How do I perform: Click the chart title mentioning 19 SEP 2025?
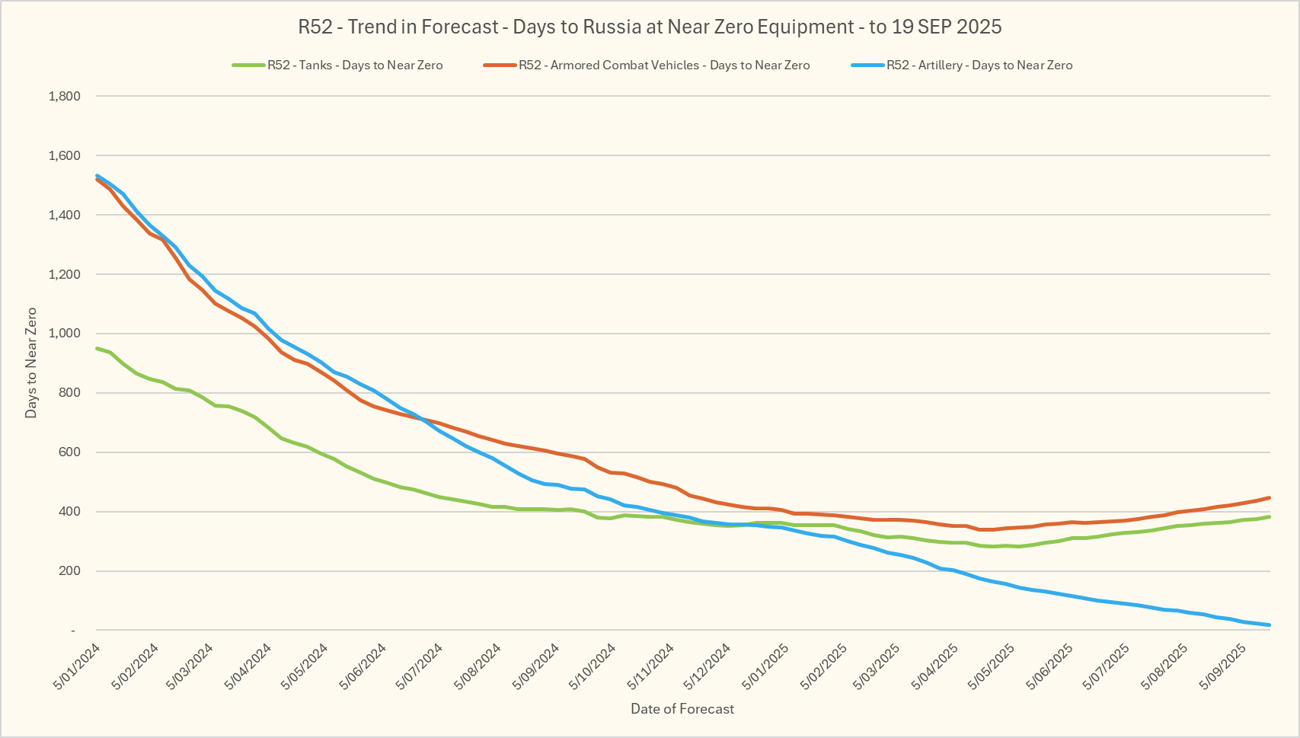(x=650, y=27)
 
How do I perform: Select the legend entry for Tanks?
(x=354, y=65)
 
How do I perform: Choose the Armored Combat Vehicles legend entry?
(x=664, y=65)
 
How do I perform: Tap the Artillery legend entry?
(x=979, y=65)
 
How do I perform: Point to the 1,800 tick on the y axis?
(x=64, y=97)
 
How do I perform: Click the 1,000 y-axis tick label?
(x=64, y=334)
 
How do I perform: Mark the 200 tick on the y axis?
(x=69, y=571)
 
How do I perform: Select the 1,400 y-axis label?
(x=64, y=216)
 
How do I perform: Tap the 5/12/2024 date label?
(x=708, y=667)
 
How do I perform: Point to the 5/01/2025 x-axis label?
(x=766, y=667)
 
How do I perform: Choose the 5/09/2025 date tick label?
(x=1223, y=667)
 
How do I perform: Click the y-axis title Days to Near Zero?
(x=31, y=363)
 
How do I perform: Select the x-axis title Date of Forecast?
(x=682, y=709)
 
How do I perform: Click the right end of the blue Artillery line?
(x=1269, y=625)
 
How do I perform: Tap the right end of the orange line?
(x=1269, y=498)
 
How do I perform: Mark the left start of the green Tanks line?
(x=97, y=349)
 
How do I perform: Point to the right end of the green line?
(x=1269, y=517)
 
